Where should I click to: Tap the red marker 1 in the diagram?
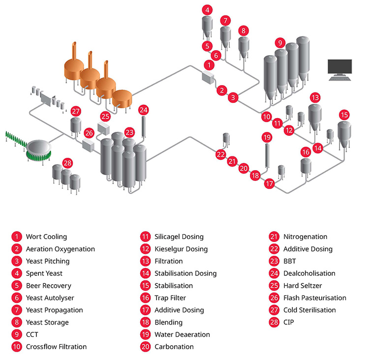(x=209, y=65)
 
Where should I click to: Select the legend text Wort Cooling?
(x=46, y=237)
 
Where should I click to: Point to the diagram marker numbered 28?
(x=68, y=163)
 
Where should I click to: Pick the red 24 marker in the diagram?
(x=144, y=110)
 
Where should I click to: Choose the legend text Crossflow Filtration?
(x=56, y=347)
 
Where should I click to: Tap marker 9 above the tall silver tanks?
(x=280, y=43)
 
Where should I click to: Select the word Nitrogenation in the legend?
(x=305, y=237)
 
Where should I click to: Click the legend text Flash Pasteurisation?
(x=314, y=298)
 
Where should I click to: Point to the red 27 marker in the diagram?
(x=76, y=111)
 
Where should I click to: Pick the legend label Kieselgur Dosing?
(x=181, y=249)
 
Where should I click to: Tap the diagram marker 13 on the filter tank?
(x=315, y=98)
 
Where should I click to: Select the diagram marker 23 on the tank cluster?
(x=129, y=132)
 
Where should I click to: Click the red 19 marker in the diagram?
(x=267, y=137)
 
